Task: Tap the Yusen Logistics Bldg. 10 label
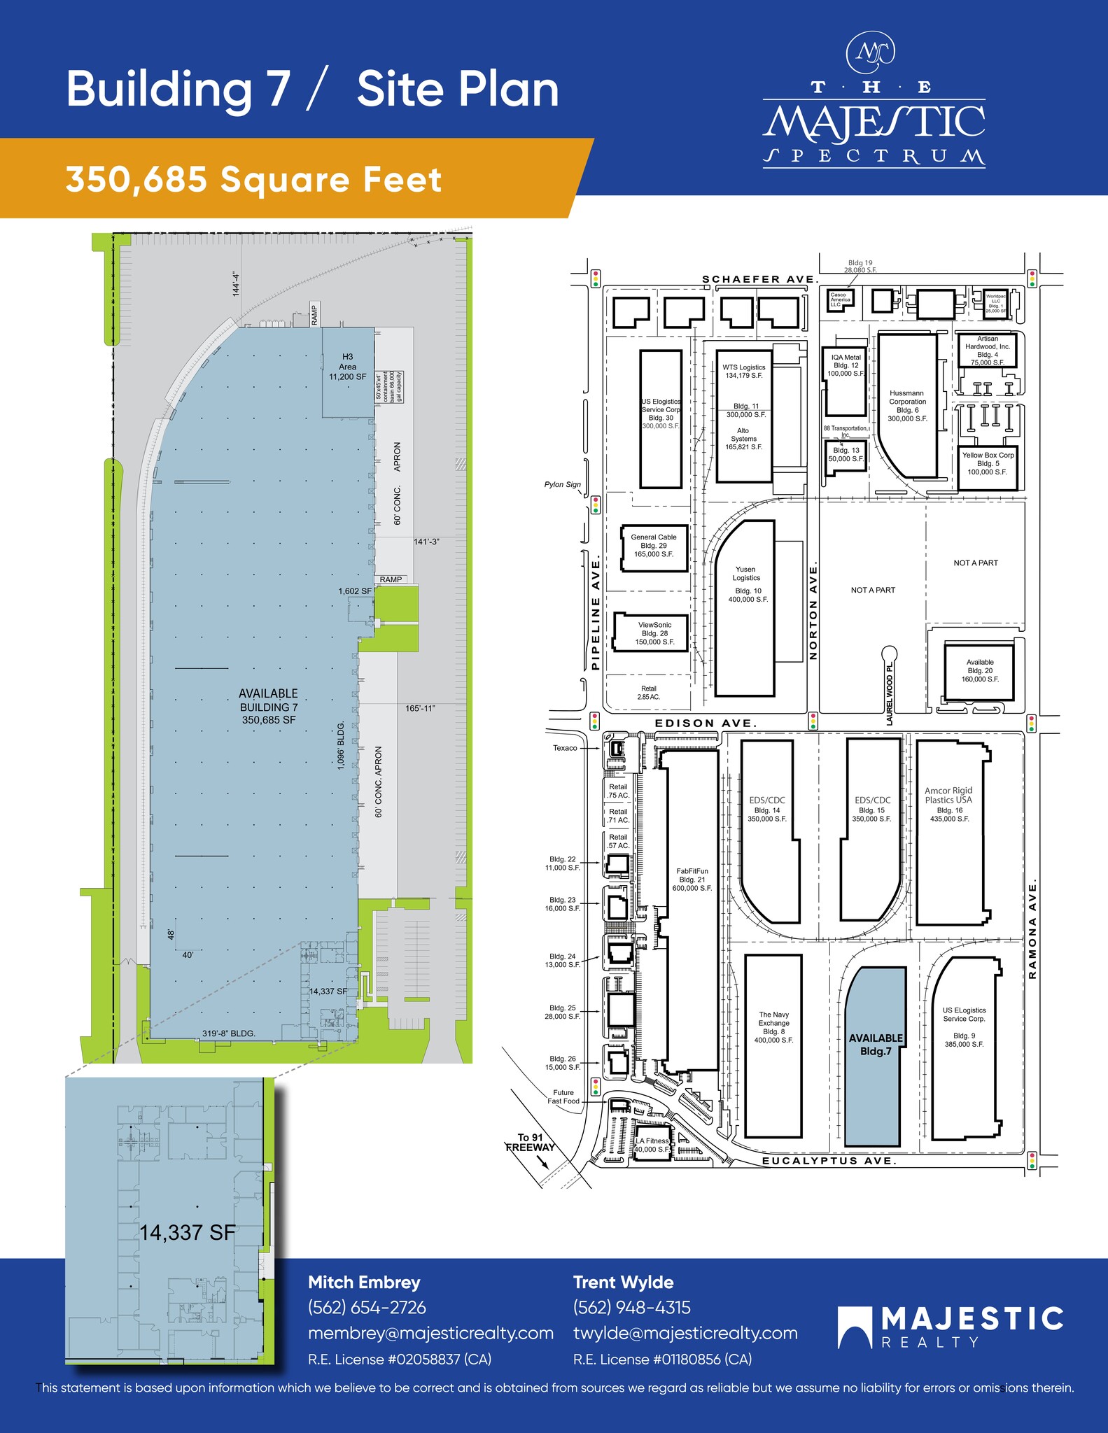[x=747, y=584]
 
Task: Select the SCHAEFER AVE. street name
[x=760, y=279]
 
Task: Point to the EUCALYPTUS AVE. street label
[x=829, y=1161]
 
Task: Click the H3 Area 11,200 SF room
[x=347, y=367]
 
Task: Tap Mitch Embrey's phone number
[x=367, y=1308]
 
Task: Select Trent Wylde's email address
[x=685, y=1334]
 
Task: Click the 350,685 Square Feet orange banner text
[x=253, y=180]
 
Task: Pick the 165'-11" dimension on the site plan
[x=420, y=709]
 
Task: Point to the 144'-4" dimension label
[x=237, y=285]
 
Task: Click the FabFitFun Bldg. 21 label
[x=692, y=880]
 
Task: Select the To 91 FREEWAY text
[x=530, y=1142]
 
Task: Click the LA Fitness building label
[x=652, y=1145]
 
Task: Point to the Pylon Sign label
[x=563, y=484]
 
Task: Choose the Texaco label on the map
[x=565, y=748]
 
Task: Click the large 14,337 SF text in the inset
[x=188, y=1233]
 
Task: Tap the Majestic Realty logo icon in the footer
[x=855, y=1327]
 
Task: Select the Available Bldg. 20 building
[x=979, y=670]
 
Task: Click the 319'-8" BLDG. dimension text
[x=229, y=1033]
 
